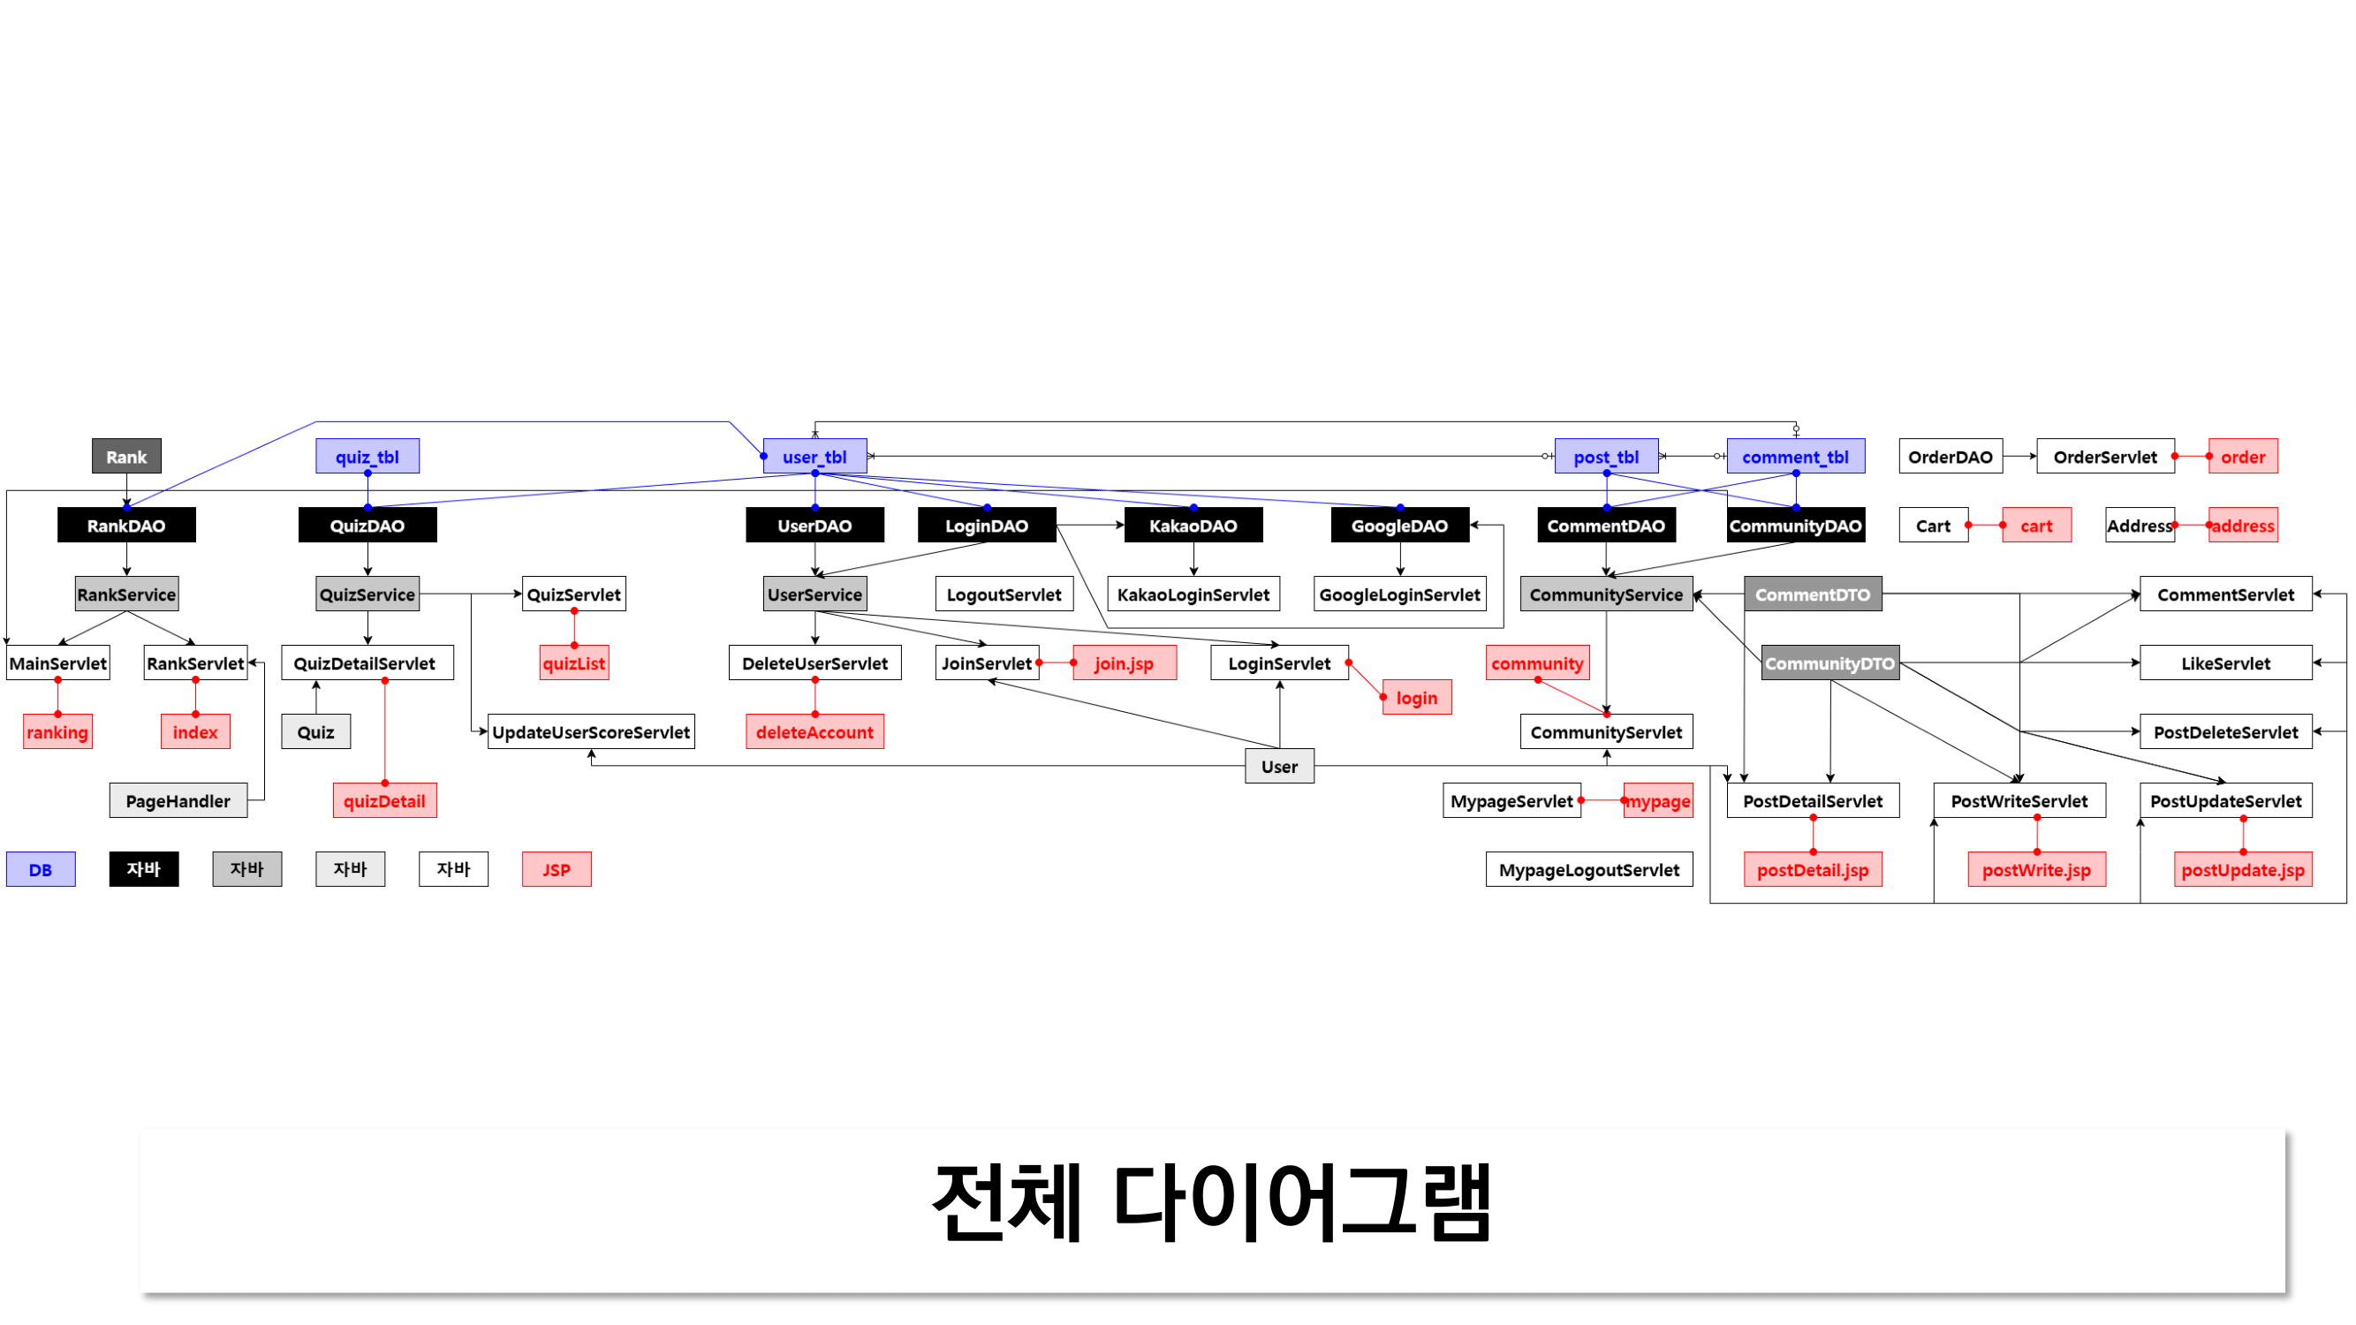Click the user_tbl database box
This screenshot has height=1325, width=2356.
coord(814,457)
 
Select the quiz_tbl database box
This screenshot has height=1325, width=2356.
coord(367,457)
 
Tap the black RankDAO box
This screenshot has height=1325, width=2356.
coord(126,525)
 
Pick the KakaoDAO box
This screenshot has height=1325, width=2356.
coord(1193,525)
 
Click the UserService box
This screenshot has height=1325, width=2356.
coord(814,594)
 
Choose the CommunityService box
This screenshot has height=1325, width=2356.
coord(1605,594)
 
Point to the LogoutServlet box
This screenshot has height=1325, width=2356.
coord(1004,594)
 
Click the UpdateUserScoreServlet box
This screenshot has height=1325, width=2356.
coord(591,731)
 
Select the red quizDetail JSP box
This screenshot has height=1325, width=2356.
coord(384,801)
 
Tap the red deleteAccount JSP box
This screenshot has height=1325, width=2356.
coord(814,731)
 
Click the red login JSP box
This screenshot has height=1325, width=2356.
coord(1416,698)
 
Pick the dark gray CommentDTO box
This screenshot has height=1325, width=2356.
coord(1812,594)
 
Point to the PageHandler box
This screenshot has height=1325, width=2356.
coord(178,801)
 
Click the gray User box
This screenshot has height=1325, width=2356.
coord(1278,766)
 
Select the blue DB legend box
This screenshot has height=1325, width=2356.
coord(41,869)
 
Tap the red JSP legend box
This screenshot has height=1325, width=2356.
coord(556,869)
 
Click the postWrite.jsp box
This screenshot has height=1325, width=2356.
coord(2036,869)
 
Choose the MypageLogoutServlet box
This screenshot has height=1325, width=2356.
coord(1588,869)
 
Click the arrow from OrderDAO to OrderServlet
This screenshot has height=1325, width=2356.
coord(2019,457)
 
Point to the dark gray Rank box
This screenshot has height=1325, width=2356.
coord(126,457)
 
